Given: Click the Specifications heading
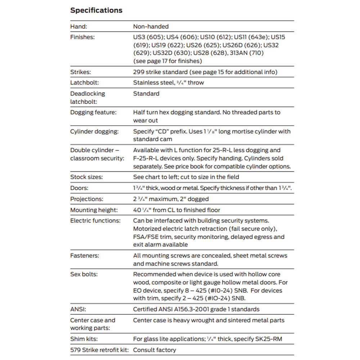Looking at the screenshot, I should coord(96,10).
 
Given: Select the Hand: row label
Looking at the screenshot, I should coord(78,26).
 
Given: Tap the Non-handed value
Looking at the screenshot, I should coord(150,26).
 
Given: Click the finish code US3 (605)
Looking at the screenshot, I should coord(148,37).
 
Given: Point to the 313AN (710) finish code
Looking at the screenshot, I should coord(245,53).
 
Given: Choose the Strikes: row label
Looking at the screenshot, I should coord(80,72).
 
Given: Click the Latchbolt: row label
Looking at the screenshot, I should coord(83,83).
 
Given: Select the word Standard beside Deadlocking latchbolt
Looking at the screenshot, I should coord(146,94).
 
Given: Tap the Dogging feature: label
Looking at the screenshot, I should coord(93,112).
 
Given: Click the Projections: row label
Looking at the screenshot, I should coord(86,199).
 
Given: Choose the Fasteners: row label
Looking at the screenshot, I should coord(85,256).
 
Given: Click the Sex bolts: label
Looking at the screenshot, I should coord(84,274).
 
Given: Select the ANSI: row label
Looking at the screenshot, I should coord(78,309).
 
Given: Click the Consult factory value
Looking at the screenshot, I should coord(154,350).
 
